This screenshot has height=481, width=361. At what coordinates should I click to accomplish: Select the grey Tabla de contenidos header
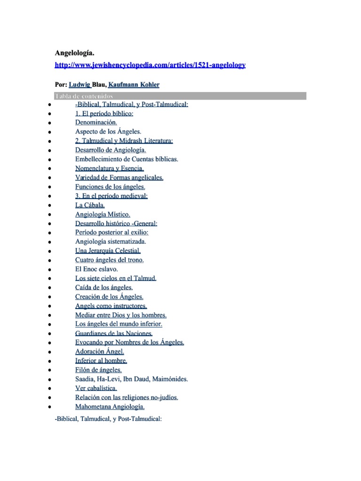180,96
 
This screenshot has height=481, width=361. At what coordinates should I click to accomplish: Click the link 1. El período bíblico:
104,114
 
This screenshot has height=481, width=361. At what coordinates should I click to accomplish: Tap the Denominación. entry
93,123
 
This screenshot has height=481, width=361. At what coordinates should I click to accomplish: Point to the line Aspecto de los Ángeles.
108,132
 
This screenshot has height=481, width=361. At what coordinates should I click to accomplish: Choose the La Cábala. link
90,205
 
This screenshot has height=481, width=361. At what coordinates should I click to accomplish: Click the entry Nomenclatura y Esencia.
110,169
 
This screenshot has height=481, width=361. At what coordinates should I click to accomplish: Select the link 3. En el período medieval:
111,196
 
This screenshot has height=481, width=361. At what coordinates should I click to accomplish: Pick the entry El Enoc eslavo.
96,269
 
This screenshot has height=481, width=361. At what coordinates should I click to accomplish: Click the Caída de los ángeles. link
104,287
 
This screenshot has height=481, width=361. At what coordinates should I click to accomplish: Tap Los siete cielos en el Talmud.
116,278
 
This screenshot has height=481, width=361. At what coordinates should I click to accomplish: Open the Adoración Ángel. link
100,351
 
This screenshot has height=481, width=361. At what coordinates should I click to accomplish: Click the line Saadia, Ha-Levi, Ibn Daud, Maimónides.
131,379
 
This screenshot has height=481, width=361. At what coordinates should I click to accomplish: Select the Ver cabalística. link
96,388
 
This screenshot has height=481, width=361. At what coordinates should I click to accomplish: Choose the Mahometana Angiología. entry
110,407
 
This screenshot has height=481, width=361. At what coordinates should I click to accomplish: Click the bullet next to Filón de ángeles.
49,370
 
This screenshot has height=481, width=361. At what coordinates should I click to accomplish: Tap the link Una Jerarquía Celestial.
108,251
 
